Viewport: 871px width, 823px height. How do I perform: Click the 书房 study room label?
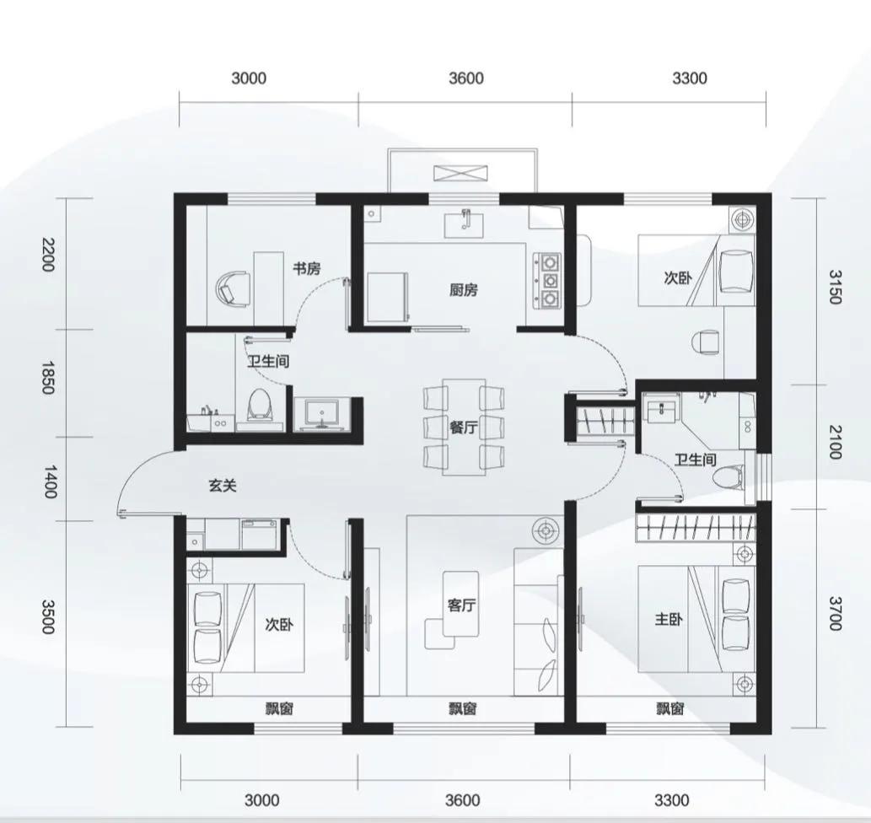pos(307,269)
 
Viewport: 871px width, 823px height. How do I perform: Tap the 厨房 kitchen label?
pos(463,290)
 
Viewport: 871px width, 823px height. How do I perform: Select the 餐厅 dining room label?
pos(463,428)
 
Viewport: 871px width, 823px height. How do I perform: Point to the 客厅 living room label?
pos(461,605)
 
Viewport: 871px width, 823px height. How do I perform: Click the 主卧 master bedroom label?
pos(669,618)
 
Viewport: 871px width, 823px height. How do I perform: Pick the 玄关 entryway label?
pos(223,486)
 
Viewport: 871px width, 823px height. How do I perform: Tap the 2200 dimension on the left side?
pos(48,254)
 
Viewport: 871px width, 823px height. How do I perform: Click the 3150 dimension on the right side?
pos(835,287)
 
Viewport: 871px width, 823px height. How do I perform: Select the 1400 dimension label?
pos(50,481)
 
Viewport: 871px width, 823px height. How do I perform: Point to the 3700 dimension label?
pos(835,613)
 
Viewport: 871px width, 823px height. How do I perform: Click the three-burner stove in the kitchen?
pos(548,280)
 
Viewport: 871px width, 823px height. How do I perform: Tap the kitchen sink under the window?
pos(464,224)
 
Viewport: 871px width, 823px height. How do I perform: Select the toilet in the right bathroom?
pos(729,479)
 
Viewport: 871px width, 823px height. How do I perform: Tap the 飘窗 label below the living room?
pos(463,709)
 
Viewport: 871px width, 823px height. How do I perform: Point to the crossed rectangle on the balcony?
pos(461,173)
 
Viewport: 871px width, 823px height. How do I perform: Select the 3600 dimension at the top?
pos(466,78)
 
